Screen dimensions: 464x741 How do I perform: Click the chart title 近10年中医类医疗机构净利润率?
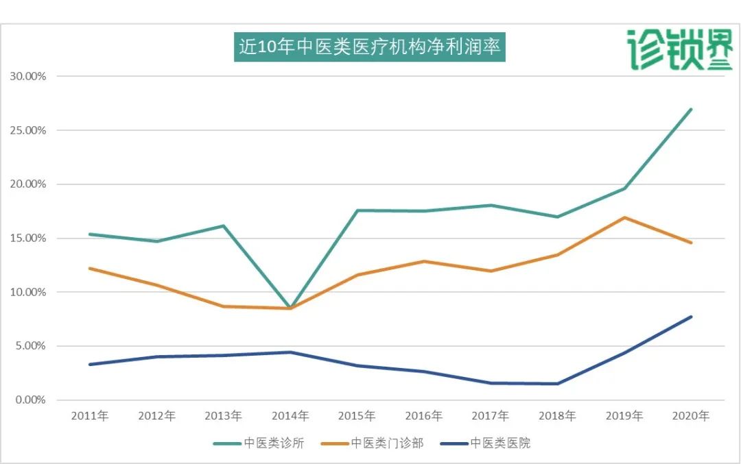[x=370, y=47]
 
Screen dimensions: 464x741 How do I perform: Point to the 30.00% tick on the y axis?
[x=27, y=76]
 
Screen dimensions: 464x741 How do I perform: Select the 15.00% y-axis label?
[x=27, y=239]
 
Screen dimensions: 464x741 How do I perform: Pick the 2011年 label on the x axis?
[x=90, y=416]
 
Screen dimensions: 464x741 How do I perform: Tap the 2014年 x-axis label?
[x=290, y=416]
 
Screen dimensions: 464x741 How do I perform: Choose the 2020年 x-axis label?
[x=691, y=416]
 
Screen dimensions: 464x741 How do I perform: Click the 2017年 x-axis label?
[x=491, y=416]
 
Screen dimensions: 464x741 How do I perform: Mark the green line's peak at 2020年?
[x=691, y=109]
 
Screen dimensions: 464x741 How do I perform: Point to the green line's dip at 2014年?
[x=290, y=308]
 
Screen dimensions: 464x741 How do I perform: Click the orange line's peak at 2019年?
[x=624, y=217]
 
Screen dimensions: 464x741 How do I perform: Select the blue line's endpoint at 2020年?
[x=691, y=317]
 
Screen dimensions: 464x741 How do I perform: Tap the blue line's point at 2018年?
[x=557, y=384]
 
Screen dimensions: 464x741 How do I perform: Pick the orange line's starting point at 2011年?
[x=90, y=268]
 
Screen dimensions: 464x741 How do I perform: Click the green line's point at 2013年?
[x=224, y=225]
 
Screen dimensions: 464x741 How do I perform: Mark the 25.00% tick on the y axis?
[x=27, y=130]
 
